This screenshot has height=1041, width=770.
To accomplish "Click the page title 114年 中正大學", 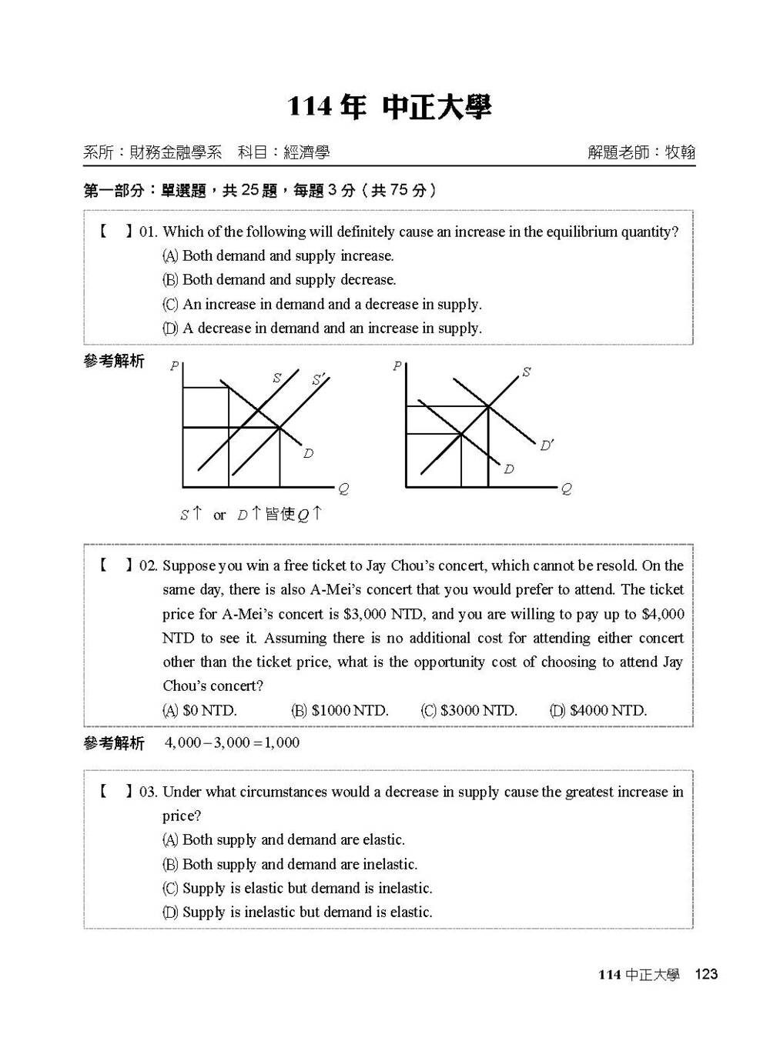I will click(389, 108).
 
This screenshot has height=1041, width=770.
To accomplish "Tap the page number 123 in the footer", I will click(705, 975).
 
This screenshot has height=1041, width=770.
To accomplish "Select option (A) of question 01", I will click(278, 255).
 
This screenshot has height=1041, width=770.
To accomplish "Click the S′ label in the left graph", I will click(319, 379).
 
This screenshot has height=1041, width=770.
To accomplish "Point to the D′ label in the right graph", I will click(547, 445).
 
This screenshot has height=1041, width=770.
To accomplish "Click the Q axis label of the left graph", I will click(343, 489).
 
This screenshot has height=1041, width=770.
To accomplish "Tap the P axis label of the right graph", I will click(397, 366).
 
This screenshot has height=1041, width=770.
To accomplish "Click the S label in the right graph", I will click(526, 372).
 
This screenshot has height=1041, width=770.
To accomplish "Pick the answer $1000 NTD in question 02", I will click(340, 710).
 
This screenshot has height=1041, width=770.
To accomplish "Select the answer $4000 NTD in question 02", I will click(598, 710).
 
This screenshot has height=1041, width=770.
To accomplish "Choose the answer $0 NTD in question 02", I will click(199, 710).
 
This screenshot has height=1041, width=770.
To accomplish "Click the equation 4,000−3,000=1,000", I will click(232, 742).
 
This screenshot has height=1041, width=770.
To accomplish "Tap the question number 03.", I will click(148, 792).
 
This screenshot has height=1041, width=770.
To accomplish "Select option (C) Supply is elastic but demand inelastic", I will click(297, 888).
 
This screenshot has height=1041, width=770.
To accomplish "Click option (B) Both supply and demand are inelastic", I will click(290, 864).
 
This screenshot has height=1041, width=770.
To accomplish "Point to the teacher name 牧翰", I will click(680, 152).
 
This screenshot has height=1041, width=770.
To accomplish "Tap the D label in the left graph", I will click(308, 454).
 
